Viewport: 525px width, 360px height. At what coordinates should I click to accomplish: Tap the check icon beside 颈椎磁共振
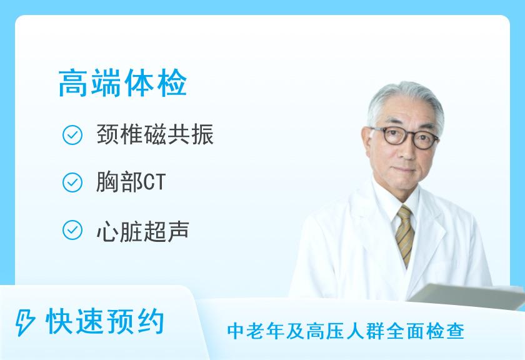73,136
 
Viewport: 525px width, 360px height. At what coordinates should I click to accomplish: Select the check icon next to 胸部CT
73,182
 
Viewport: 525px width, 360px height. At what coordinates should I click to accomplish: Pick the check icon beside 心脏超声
73,230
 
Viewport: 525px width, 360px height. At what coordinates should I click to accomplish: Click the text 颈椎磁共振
156,136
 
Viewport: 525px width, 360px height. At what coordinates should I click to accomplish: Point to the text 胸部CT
131,182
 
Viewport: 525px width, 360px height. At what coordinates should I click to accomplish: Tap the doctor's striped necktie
405,234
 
